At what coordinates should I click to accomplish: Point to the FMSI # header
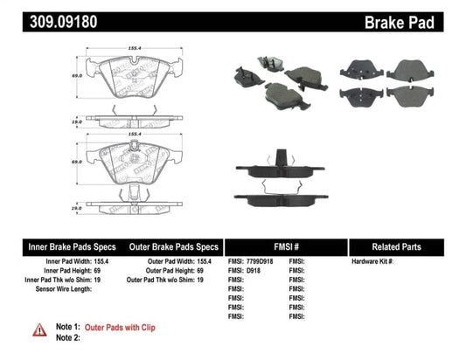[286, 246]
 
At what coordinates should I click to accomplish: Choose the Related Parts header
[406, 246]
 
